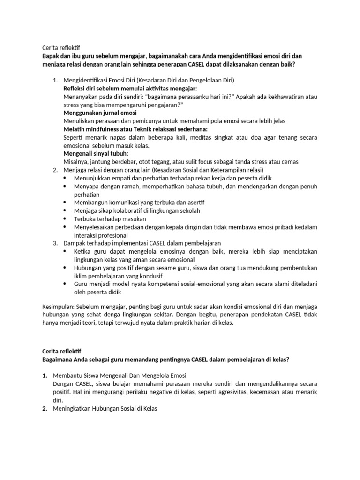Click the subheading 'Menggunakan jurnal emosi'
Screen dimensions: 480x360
click(x=100, y=113)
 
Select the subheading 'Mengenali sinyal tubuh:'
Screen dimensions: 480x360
click(x=96, y=153)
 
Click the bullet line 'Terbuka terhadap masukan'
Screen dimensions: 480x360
click(x=110, y=219)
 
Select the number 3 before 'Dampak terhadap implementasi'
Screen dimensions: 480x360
click(x=54, y=243)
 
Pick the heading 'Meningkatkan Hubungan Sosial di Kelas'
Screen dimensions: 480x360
click(x=105, y=408)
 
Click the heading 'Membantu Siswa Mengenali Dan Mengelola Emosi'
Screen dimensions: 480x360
click(x=120, y=376)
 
